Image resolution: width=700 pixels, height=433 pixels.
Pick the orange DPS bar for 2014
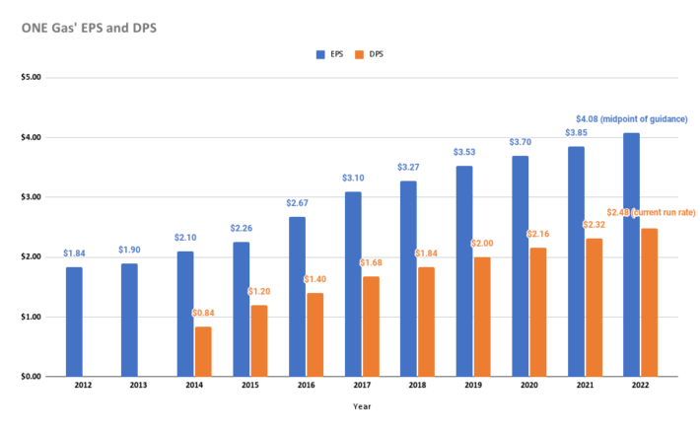click(x=203, y=351)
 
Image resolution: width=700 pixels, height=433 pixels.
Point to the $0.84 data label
click(x=203, y=315)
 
